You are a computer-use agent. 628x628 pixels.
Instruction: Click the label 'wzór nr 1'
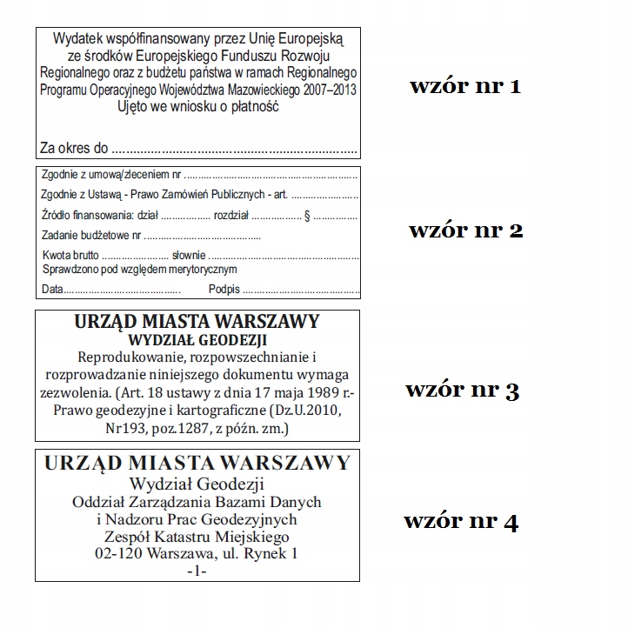tap(465, 87)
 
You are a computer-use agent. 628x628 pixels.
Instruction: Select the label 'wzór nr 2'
tap(465, 231)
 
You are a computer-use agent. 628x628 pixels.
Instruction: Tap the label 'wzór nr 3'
tap(462, 390)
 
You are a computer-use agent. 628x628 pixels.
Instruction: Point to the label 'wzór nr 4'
tap(461, 522)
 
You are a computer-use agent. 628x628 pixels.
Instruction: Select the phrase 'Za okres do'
tap(74, 147)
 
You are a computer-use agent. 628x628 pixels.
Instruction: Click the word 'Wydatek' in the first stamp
tap(77, 39)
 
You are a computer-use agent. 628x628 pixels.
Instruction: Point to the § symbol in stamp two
tap(307, 215)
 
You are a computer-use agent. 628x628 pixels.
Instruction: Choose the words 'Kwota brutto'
tap(70, 256)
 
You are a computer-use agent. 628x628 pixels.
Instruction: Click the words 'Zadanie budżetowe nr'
tap(91, 236)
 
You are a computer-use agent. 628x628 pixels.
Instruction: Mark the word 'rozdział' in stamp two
tap(232, 215)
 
